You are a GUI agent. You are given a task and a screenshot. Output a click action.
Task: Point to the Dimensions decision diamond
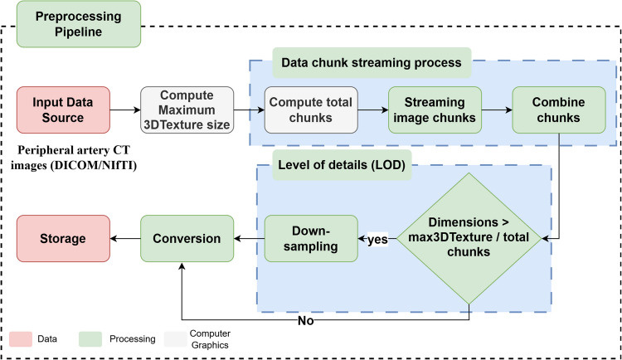tap(470, 239)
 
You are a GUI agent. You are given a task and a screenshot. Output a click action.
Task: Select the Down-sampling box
tap(310, 238)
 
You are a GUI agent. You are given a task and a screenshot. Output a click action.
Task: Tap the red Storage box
tap(62, 238)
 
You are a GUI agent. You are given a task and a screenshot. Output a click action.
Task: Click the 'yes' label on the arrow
tap(377, 239)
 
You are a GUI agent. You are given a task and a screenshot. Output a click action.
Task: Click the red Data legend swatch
tap(21, 338)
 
